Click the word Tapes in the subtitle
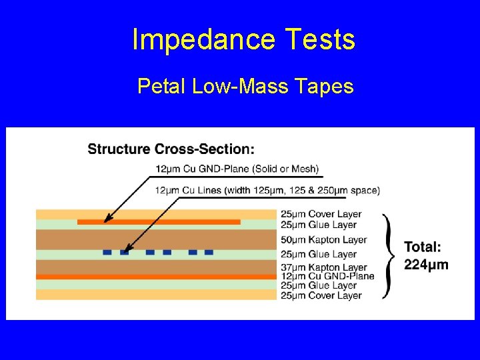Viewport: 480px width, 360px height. pos(325,86)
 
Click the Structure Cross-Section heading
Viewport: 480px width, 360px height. pos(171,149)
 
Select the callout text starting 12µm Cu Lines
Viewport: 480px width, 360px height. pos(267,191)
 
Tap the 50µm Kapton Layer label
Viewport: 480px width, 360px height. pos(323,239)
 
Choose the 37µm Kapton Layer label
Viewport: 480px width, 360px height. pos(323,268)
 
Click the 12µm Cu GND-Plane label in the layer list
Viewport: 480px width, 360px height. pos(327,277)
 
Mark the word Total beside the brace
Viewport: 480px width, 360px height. pos(422,247)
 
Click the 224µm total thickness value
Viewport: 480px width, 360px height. pos(426,264)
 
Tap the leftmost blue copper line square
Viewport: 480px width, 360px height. pos(107,252)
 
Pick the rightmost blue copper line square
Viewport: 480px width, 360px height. pos(209,252)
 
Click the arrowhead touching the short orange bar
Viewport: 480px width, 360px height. pos(107,219)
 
